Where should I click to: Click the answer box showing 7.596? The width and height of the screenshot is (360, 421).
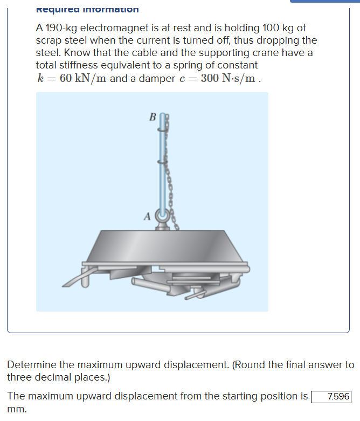331,396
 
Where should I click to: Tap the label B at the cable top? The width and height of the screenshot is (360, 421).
152,116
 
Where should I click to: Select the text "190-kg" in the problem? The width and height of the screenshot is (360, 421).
62,27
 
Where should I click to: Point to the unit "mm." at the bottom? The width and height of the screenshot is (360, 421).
17,409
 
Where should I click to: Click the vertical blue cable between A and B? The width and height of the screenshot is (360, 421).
162,162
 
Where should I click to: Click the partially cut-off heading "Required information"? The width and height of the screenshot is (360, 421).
87,9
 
